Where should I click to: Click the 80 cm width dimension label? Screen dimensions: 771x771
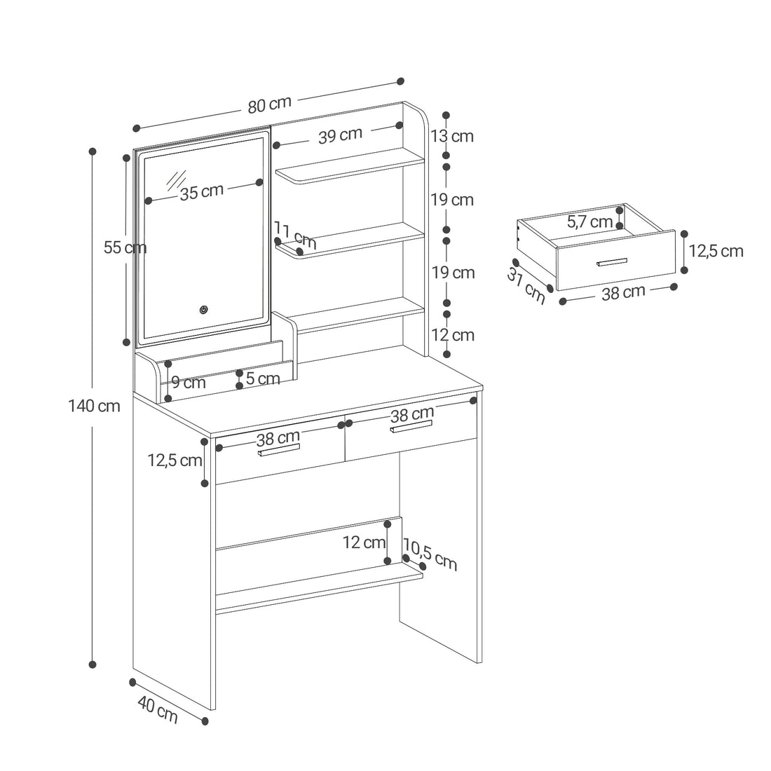point(269,104)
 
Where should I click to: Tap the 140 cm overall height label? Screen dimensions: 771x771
point(94,406)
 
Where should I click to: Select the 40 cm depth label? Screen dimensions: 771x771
point(157,709)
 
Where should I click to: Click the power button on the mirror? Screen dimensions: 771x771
point(203,310)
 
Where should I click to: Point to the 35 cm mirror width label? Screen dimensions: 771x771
point(202,192)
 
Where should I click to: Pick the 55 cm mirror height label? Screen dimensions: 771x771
point(125,247)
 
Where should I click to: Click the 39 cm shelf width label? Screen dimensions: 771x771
point(340,135)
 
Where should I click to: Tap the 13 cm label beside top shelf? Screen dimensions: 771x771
point(452,136)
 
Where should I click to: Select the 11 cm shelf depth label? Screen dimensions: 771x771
point(295,235)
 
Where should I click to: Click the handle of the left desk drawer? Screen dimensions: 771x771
point(279,450)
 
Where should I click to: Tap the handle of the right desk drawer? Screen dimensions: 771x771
point(411,426)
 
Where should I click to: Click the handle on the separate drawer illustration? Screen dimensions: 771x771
point(612,261)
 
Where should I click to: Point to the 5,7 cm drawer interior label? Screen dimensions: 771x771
point(589,221)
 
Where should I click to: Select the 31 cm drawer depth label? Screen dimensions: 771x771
point(526,287)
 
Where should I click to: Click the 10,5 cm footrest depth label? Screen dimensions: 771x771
point(430,554)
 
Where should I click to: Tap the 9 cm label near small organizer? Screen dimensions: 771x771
point(189,383)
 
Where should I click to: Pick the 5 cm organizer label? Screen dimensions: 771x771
point(263,378)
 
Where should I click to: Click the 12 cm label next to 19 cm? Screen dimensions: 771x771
point(453,335)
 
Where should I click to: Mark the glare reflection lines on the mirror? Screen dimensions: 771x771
point(176,180)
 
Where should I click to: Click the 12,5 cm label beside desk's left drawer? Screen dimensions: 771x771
point(175,460)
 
